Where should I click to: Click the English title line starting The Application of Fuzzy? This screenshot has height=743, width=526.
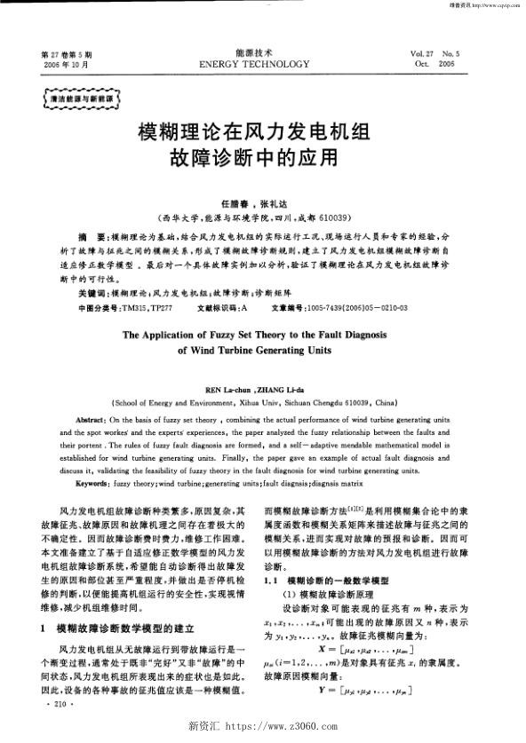[263, 336]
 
